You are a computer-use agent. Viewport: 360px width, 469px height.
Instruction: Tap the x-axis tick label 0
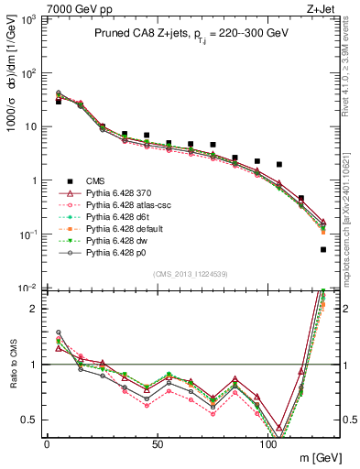[47, 443]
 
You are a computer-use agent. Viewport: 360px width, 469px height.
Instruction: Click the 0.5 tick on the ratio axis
[31, 420]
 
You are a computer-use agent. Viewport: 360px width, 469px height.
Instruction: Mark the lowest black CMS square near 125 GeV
[322, 249]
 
